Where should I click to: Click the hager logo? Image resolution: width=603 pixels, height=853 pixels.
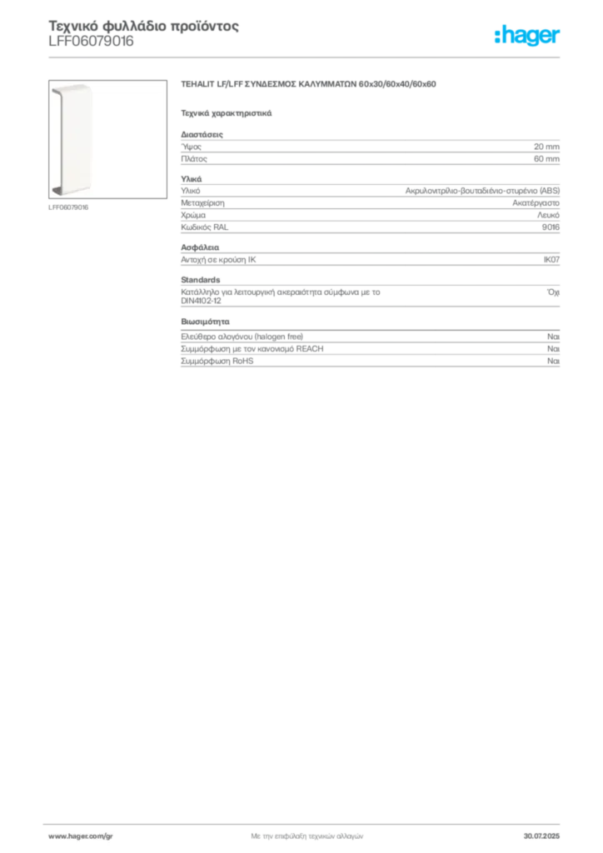coord(527,35)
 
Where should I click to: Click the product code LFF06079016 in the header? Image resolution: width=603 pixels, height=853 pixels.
coord(91,42)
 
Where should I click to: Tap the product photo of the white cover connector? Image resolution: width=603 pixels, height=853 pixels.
coord(107,139)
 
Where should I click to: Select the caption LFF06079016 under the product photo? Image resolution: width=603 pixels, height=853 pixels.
coord(68,207)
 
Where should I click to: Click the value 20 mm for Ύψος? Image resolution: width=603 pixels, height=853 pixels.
coord(546,147)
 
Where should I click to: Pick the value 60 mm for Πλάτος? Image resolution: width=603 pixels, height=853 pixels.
coord(546,159)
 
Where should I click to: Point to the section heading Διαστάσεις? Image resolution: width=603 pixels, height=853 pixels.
coord(202,134)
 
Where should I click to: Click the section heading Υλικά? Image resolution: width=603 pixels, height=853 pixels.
coord(192,179)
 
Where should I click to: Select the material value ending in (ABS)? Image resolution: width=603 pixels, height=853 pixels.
coord(482,191)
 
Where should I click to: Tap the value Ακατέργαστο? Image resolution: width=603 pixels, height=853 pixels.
coord(536,203)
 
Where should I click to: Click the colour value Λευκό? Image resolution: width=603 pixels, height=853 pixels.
coord(548,216)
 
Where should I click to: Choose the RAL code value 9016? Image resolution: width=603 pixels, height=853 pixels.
coord(551,227)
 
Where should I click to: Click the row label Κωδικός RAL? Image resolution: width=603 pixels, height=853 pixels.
coord(204,227)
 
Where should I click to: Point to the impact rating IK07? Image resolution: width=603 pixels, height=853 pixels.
coord(551,260)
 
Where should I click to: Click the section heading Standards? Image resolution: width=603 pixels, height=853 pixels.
coord(201,280)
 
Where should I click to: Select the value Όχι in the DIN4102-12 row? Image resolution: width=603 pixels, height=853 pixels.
coord(553,292)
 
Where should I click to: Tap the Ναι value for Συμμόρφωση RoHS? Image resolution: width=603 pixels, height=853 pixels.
coord(554,362)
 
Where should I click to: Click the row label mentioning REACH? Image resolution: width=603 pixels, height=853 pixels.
coord(252,349)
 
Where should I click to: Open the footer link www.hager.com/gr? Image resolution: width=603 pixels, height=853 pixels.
coord(81,836)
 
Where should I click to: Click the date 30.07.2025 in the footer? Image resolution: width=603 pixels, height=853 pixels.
coord(541,836)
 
